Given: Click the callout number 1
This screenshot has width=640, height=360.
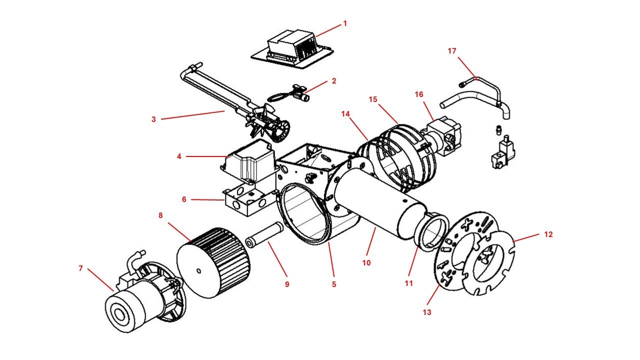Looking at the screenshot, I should tap(344, 23).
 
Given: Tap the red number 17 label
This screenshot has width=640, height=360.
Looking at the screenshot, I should tap(452, 51).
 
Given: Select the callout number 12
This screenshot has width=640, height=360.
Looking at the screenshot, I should tap(548, 234).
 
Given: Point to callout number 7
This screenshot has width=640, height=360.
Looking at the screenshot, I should tap(80, 268).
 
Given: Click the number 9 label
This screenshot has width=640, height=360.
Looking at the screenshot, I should tap(286, 284).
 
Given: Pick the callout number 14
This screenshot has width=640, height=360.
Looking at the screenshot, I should tap(345, 114).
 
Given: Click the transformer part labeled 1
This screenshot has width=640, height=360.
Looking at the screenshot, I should tap(290, 49).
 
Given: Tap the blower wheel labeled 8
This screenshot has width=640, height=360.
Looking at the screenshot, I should tap(215, 262).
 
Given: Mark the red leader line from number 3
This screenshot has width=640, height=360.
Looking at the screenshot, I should tap(192, 115).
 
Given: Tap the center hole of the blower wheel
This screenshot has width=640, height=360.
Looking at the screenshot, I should tap(199, 271).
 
